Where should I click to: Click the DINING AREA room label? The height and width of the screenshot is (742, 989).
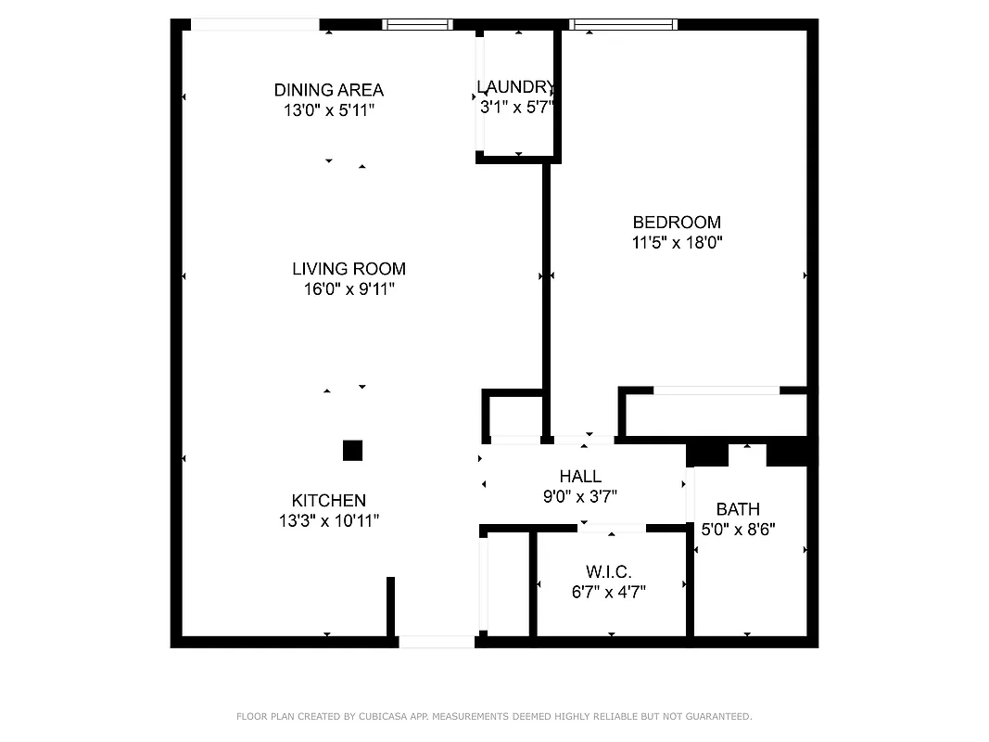328,90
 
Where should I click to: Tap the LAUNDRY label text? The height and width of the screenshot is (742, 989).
516,87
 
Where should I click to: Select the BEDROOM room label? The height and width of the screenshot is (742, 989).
677,223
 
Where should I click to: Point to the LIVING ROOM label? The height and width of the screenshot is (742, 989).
349,269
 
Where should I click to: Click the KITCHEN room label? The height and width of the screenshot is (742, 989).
328,501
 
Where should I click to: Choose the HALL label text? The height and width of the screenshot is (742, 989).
580,477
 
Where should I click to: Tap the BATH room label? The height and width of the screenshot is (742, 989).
738,509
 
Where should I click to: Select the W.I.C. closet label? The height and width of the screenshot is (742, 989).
608,571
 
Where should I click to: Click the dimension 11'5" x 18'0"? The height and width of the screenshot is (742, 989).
677,243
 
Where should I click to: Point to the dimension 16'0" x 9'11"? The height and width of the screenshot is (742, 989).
349,289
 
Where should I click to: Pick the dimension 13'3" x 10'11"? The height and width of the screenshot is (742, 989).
328,521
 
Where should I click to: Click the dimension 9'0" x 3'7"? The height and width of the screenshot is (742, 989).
580,497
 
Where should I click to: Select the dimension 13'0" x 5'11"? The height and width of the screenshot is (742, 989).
328,110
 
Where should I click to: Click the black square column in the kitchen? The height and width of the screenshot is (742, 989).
352,451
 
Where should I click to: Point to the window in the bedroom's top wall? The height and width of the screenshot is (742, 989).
623,25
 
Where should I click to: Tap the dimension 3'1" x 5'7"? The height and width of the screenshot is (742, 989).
516,107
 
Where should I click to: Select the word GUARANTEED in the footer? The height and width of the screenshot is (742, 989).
717,716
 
